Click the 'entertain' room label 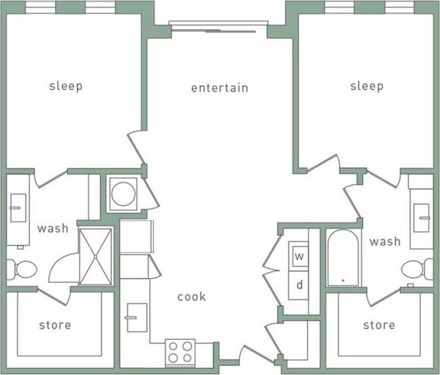[x=219, y=88]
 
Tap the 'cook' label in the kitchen [x=191, y=297]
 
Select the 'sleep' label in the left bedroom [x=66, y=86]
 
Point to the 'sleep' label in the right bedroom [x=366, y=86]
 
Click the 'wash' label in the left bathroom [x=53, y=229]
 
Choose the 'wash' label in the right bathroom [x=384, y=242]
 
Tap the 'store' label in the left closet [x=55, y=324]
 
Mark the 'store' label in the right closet [x=379, y=324]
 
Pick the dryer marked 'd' [x=299, y=284]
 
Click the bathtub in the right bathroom [x=343, y=258]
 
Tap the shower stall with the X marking [x=96, y=256]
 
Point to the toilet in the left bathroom [x=22, y=269]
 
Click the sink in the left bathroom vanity [x=16, y=210]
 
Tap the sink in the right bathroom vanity [x=422, y=212]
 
